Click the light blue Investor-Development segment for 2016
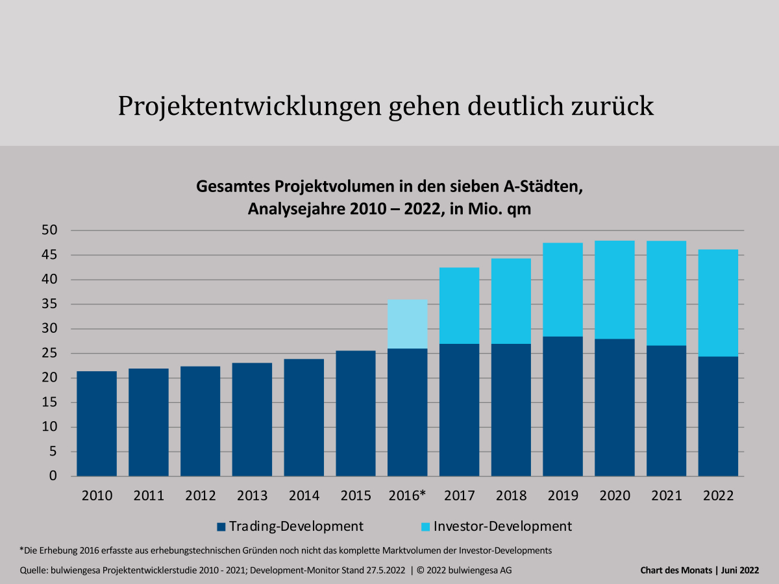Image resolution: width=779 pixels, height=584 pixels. (408, 324)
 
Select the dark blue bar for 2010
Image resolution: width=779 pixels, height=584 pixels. (97, 424)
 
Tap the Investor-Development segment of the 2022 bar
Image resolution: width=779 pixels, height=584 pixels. (718, 303)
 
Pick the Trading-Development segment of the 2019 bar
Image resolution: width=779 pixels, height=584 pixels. (563, 406)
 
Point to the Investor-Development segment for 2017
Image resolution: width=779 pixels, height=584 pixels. (460, 306)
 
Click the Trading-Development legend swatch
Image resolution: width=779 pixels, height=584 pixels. (221, 526)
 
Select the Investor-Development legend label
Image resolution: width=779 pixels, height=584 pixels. (502, 526)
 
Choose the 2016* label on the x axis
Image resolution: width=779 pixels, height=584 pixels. (407, 496)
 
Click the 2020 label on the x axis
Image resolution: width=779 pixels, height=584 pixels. (615, 496)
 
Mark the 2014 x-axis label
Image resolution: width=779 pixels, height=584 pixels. (304, 496)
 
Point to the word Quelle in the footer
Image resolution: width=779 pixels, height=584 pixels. (36, 570)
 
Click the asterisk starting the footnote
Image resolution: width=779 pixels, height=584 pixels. (21, 550)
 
